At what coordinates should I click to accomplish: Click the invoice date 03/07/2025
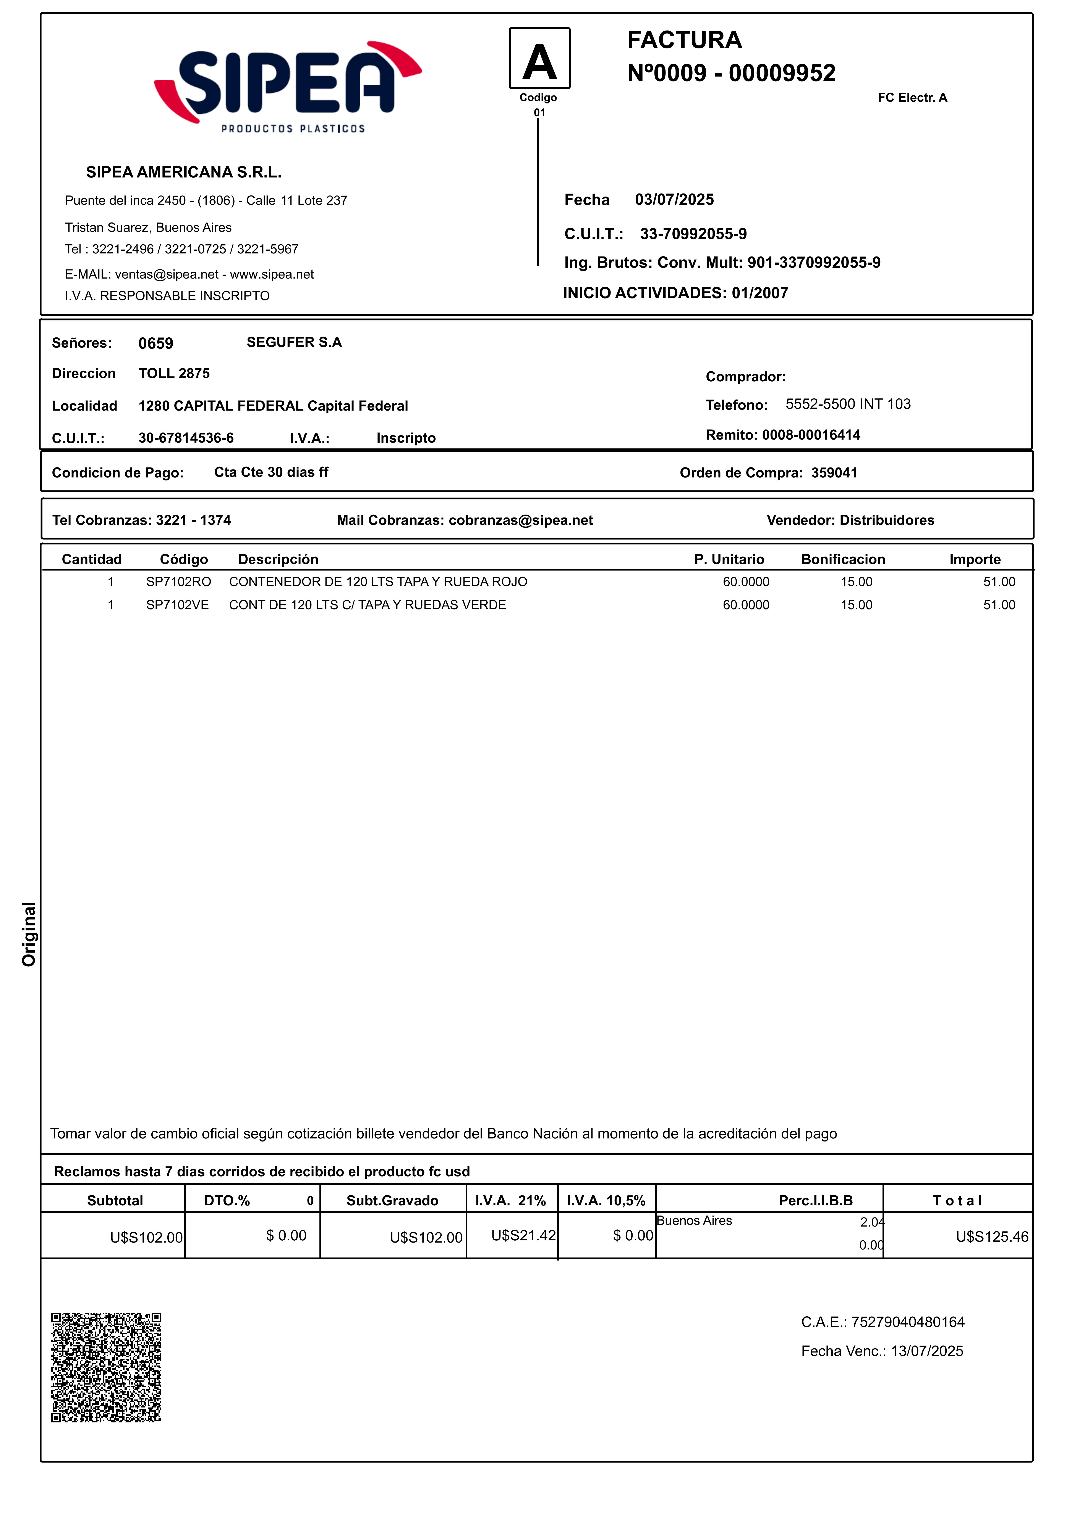pos(674,200)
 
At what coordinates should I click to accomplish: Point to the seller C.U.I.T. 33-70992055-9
pos(693,234)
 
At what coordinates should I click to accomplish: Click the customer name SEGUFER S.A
pos(294,342)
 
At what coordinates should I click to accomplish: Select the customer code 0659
pos(156,343)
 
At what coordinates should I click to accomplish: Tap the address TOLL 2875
pos(174,373)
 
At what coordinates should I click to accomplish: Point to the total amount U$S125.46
pos(991,1237)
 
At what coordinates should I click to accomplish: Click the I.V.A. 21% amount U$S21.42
pos(523,1236)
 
